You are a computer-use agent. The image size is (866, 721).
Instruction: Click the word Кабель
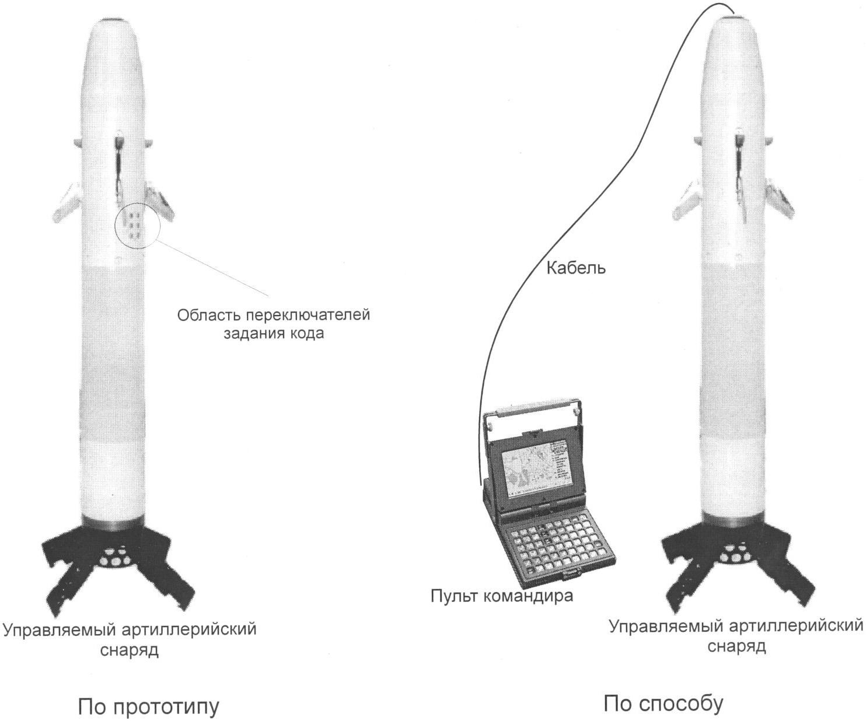pos(575,268)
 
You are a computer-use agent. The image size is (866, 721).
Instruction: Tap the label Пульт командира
pos(501,596)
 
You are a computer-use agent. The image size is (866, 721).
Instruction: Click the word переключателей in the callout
pos(308,315)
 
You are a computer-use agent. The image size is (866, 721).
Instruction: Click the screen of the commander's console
pos(532,471)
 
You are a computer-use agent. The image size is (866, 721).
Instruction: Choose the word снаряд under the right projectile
pos(736,646)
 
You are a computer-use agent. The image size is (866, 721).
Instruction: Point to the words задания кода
pos(274,334)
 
